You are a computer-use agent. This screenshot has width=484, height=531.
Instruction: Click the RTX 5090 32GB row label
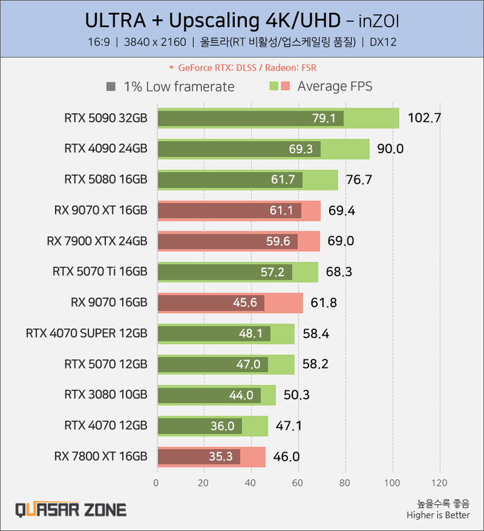click(x=105, y=118)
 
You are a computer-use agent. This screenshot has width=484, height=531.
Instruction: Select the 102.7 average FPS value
click(x=424, y=118)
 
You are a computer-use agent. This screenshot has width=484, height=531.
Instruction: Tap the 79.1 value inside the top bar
click(x=324, y=118)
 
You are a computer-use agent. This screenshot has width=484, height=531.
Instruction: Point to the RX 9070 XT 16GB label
click(x=100, y=210)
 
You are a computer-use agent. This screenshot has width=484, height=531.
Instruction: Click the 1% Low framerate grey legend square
click(x=110, y=87)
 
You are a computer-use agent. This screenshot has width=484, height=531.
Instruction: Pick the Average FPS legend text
click(x=335, y=87)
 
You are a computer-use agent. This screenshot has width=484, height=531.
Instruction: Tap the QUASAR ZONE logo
click(x=71, y=510)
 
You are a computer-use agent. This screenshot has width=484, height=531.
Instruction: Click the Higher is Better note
click(x=437, y=515)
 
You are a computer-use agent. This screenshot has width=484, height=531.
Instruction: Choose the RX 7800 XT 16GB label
click(x=100, y=457)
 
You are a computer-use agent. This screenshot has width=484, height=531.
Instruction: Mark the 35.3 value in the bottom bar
click(x=221, y=457)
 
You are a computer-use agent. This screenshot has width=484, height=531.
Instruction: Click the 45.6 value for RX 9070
click(x=245, y=303)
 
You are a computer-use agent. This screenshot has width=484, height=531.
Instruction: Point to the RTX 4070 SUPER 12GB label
click(x=86, y=333)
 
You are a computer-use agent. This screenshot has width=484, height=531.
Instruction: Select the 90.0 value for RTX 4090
click(x=390, y=149)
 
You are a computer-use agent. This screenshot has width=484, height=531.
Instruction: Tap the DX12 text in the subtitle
click(x=383, y=42)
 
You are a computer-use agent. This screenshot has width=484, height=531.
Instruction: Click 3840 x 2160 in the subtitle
click(x=154, y=42)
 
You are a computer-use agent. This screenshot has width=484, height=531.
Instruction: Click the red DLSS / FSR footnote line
click(x=242, y=68)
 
